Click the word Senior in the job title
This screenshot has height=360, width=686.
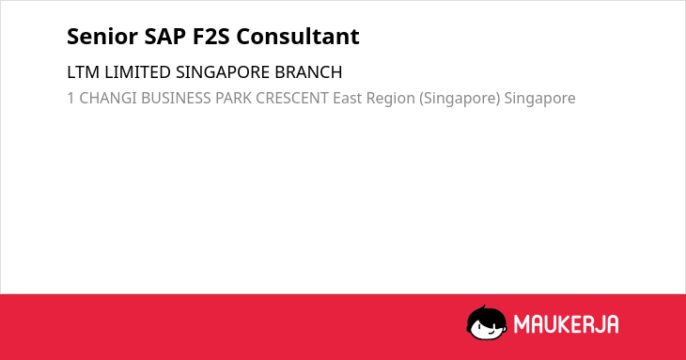pyautogui.click(x=102, y=37)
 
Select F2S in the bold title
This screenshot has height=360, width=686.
pyautogui.click(x=211, y=37)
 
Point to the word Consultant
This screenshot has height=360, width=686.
pyautogui.click(x=298, y=37)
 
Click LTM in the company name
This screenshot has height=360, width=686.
pyautogui.click(x=83, y=72)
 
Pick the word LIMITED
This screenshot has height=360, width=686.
pyautogui.click(x=137, y=72)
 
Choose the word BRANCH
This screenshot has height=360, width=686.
pyautogui.click(x=308, y=72)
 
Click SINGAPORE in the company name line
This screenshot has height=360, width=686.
pyautogui.click(x=223, y=72)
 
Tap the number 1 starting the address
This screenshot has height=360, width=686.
pyautogui.click(x=70, y=98)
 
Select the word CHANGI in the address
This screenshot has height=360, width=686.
pyautogui.click(x=108, y=98)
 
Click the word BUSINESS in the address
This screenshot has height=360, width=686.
pyautogui.click(x=176, y=98)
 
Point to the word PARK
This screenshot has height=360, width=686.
pyautogui.click(x=233, y=98)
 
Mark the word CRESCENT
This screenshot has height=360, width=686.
pyautogui.click(x=292, y=98)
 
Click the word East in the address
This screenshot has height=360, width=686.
pyautogui.click(x=348, y=98)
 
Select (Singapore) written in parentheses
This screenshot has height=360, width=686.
pyautogui.click(x=460, y=99)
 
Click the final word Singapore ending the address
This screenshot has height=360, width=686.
pyautogui.click(x=540, y=99)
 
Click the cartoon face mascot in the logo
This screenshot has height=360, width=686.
pyautogui.click(x=487, y=322)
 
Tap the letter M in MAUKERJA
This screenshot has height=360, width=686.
pyautogui.click(x=522, y=324)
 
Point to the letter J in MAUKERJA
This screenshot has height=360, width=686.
pyautogui.click(x=598, y=324)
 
